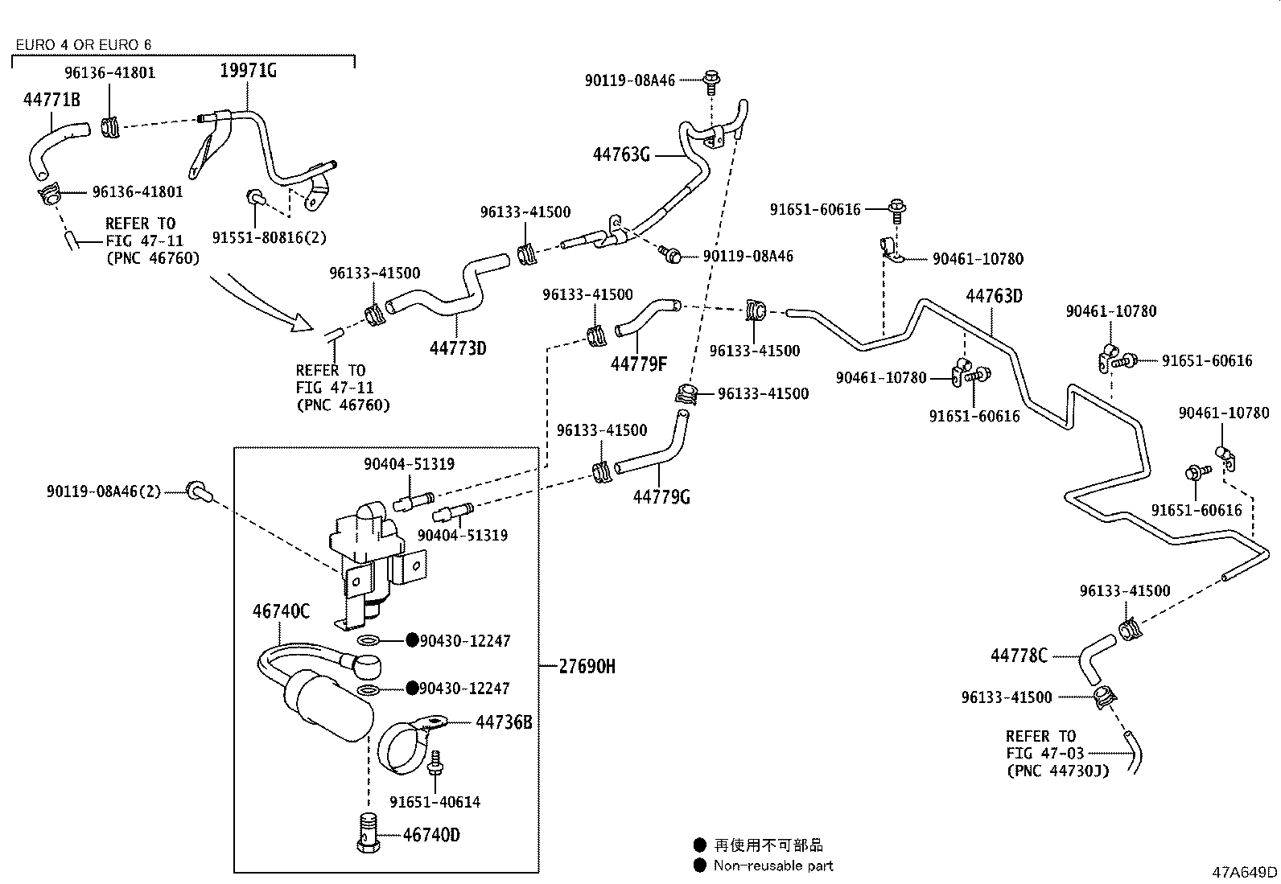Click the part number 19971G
tap(248, 71)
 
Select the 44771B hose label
tap(51, 100)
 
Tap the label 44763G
tap(620, 154)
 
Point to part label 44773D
tap(458, 348)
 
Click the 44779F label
tap(638, 364)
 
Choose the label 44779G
tap(661, 497)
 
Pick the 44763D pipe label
tap(994, 296)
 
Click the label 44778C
tap(1019, 656)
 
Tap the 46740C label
tap(280, 611)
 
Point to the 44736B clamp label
tap(503, 722)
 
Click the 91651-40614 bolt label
tap(435, 802)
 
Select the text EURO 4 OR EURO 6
tap(83, 45)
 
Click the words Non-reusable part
tap(772, 865)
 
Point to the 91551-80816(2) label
tap(269, 238)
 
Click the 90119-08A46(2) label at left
tap(104, 491)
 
